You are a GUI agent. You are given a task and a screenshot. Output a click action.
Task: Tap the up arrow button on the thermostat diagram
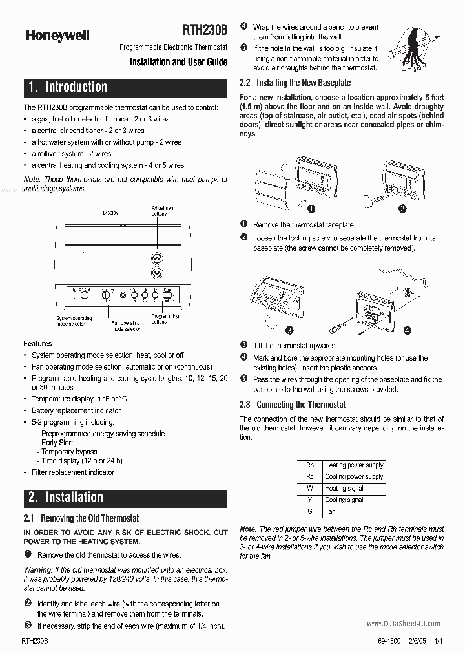point(156,258)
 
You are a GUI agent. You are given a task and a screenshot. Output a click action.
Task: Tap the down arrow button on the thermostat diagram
point(156,273)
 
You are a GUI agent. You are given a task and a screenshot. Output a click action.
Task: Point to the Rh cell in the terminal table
point(310,465)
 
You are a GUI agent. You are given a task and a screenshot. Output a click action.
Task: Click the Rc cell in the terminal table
point(310,476)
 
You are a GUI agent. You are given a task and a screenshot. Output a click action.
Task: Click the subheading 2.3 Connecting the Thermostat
point(292,405)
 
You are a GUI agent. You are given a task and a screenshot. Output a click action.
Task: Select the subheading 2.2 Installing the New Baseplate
point(295,83)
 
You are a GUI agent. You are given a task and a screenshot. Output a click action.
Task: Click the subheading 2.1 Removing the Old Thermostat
point(81,518)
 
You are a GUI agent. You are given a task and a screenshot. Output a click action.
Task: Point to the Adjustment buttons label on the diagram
point(163,210)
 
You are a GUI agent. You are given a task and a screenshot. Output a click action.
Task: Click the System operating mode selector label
point(74,321)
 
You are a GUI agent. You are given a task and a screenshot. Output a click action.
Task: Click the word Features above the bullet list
point(37,344)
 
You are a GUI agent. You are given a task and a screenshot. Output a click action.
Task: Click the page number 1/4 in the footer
point(439,640)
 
